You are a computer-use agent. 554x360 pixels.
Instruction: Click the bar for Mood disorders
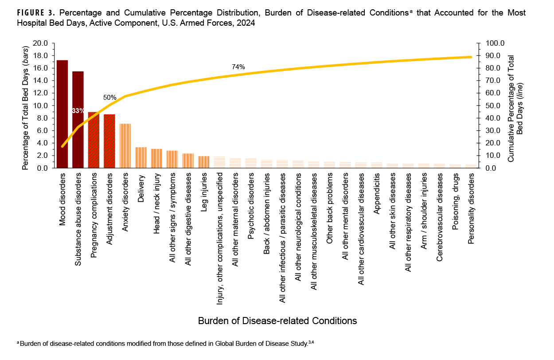click(62, 114)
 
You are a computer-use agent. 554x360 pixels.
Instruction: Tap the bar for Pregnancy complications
click(94, 140)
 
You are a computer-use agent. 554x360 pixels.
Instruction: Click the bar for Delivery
click(141, 157)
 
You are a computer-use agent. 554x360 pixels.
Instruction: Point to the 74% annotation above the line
click(238, 67)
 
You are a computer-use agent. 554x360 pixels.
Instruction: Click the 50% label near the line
click(110, 97)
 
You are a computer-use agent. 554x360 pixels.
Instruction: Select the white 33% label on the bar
click(78, 111)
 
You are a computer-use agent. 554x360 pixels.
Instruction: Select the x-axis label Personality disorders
click(471, 208)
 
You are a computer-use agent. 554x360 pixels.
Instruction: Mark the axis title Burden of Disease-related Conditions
click(277, 320)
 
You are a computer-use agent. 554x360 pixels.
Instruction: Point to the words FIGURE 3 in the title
click(35, 13)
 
